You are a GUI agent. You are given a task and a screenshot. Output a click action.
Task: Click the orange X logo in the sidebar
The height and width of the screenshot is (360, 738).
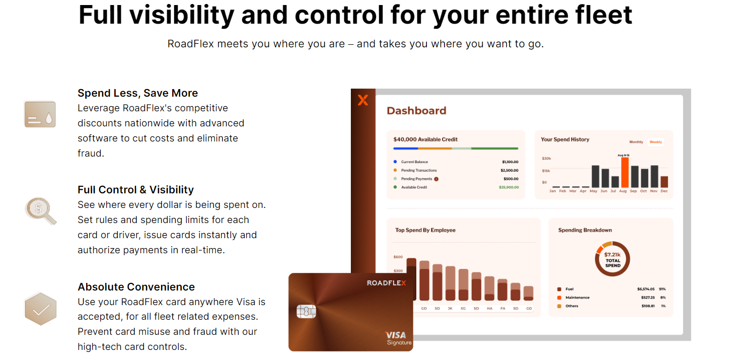[363, 100]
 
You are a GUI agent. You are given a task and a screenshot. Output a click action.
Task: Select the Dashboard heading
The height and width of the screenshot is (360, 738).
[416, 111]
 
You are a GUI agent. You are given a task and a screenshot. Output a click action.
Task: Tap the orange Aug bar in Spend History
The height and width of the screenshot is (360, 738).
[625, 172]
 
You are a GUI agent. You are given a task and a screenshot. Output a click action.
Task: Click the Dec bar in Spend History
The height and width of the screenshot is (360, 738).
[664, 182]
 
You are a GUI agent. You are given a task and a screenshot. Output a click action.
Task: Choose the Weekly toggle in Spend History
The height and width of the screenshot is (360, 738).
[655, 142]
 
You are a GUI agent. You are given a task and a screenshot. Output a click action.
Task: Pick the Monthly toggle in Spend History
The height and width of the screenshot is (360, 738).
[636, 142]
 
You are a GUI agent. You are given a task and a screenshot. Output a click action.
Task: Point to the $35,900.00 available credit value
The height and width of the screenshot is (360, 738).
[508, 187]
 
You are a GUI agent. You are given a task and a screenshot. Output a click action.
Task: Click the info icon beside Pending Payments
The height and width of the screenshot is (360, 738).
[436, 179]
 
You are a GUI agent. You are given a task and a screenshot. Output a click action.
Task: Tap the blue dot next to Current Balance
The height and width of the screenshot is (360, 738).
[395, 162]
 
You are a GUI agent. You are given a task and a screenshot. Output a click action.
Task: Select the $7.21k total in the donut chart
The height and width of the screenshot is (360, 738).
[612, 254]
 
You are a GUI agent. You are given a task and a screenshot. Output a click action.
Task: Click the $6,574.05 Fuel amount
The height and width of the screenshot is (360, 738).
[646, 289]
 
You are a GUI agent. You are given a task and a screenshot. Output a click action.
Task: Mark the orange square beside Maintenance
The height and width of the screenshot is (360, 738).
[559, 298]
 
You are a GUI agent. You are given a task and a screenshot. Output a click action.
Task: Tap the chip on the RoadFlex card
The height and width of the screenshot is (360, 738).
[306, 311]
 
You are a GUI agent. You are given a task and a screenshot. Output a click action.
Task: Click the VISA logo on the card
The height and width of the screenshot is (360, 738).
[396, 335]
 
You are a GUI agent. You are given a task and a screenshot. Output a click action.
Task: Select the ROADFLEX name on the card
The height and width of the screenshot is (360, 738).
[386, 283]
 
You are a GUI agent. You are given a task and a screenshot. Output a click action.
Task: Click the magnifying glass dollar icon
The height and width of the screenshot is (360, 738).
[40, 211]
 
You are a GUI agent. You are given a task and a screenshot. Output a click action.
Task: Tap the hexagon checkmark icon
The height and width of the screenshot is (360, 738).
[40, 309]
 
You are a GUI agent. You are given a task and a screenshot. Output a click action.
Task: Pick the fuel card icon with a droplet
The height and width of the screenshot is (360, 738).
[40, 114]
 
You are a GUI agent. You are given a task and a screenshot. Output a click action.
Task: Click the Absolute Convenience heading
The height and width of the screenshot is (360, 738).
[136, 287]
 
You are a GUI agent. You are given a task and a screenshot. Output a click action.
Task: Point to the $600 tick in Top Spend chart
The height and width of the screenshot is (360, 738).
[398, 257]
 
